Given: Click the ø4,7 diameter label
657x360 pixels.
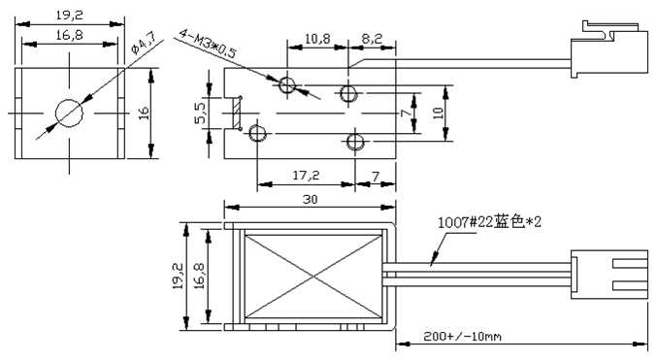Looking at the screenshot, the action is (x=144, y=43).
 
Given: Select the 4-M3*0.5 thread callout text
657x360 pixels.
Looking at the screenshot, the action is (x=208, y=44).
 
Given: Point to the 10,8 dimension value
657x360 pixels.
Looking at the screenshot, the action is (x=317, y=39).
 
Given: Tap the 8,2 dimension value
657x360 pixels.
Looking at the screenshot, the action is (x=372, y=39).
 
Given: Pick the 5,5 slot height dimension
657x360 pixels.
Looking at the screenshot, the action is (x=201, y=114).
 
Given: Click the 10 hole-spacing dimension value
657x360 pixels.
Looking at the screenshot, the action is (x=438, y=114).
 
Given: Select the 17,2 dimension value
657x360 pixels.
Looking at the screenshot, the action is (x=306, y=175).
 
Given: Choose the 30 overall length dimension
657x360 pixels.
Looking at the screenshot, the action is (x=310, y=200).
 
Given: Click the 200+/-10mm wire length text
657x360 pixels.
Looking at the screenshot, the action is (x=462, y=336).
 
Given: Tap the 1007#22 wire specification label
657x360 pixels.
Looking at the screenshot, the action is (x=489, y=221).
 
